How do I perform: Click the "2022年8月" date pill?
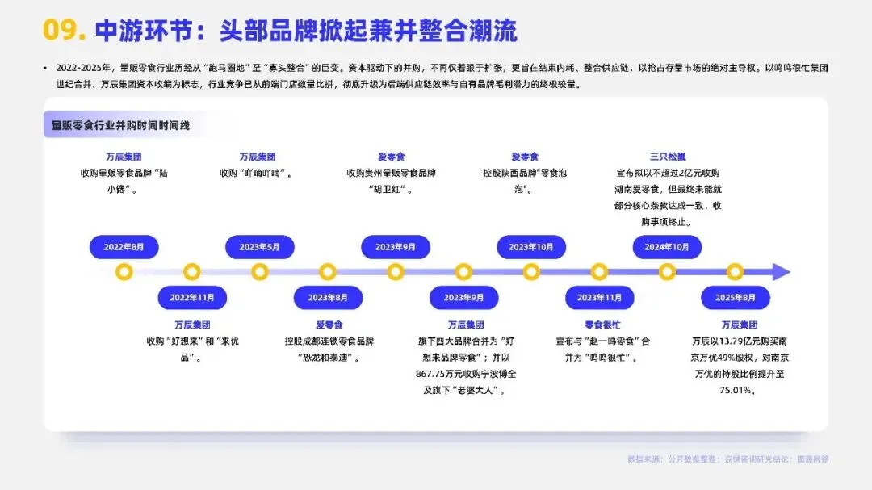(x=124, y=247)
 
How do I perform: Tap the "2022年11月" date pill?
(x=192, y=297)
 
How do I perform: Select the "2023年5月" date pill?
(x=259, y=247)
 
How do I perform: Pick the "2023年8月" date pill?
(x=328, y=297)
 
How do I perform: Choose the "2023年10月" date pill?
(x=531, y=247)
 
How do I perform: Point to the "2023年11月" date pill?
(x=599, y=297)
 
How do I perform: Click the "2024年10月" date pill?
(x=667, y=247)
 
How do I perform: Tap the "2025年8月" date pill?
(x=735, y=297)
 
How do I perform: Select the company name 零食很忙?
(x=599, y=325)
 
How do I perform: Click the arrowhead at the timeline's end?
(x=781, y=272)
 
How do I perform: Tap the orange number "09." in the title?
(x=64, y=31)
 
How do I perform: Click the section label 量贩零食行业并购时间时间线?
(x=121, y=125)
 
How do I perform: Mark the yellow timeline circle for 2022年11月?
(x=192, y=272)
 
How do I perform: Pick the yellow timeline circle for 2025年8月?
(x=735, y=272)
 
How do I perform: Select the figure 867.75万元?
(x=439, y=374)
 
